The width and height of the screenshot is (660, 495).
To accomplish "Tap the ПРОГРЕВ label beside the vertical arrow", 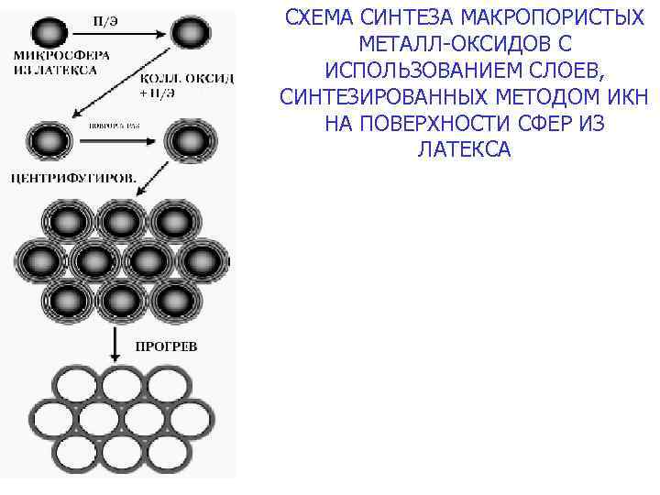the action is click(165, 346).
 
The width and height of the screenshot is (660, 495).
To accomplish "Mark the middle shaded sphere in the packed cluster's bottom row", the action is click(118, 298).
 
